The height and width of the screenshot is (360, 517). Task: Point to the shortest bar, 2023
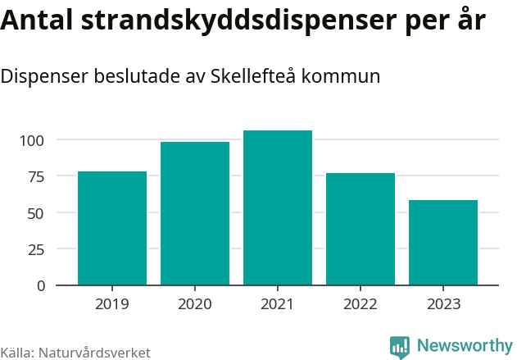[443, 243]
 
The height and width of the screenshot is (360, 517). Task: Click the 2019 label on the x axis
[112, 304]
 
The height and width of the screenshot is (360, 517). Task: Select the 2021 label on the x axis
[278, 304]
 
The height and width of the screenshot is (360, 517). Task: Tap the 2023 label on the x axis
[443, 304]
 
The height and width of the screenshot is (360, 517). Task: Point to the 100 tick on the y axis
[33, 140]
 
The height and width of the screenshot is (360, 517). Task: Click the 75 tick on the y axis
[37, 176]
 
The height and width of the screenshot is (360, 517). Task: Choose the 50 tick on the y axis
[37, 212]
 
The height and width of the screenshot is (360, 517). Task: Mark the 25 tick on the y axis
[37, 249]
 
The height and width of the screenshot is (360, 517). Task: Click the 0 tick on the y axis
[41, 285]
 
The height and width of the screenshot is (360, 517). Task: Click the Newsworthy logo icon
[400, 347]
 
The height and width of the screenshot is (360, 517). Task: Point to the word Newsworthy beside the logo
[464, 346]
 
